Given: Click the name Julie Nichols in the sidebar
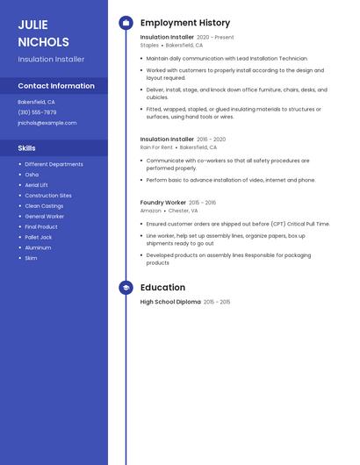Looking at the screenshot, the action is [x=43, y=32].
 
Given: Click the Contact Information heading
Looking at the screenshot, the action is [x=56, y=86].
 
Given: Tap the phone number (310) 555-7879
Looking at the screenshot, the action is [x=37, y=112].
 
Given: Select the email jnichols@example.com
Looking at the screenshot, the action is [x=47, y=123].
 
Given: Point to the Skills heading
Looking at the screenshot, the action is [x=27, y=148].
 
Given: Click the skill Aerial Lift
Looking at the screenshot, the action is [x=37, y=185].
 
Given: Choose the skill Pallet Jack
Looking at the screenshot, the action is [x=39, y=237].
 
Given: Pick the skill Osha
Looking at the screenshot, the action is [x=32, y=175].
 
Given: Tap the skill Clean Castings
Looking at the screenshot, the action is [x=44, y=205].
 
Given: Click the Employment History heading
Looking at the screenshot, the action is [x=185, y=23].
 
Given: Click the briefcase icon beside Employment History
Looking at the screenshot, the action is [x=126, y=23].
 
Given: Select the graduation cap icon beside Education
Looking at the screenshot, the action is [x=126, y=288].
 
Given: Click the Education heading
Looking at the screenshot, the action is [x=162, y=288].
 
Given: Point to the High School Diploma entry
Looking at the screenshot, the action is [x=170, y=302].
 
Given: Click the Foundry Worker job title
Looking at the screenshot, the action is [x=163, y=203].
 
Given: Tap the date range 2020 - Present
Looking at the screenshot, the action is [x=215, y=38].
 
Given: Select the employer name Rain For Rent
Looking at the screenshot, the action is [x=156, y=147].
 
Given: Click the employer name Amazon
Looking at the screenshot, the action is [x=150, y=211].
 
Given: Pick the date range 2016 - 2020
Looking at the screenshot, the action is [x=211, y=139].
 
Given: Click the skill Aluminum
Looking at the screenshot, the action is [x=38, y=247].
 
